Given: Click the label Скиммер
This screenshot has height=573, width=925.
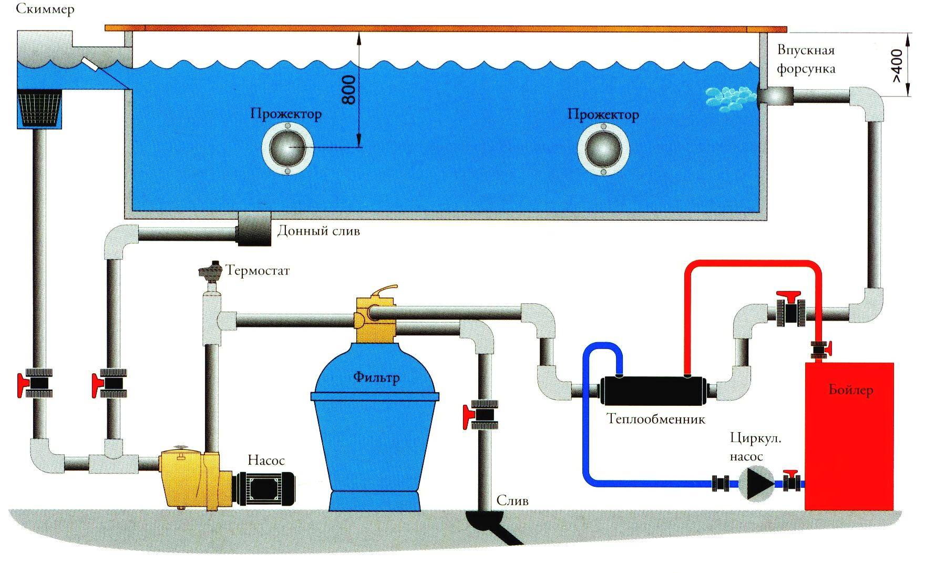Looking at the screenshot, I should point(45,9).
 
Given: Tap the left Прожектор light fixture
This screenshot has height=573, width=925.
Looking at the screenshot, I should point(287,150).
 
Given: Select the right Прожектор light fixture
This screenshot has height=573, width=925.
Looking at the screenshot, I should point(603,150).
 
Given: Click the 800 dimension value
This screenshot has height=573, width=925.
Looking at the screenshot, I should point(349,89).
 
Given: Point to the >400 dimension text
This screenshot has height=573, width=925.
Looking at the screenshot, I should point(897,65).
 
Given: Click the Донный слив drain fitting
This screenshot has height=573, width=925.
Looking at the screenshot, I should point(254,229).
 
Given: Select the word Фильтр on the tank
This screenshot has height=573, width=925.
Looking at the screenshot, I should point(376,377).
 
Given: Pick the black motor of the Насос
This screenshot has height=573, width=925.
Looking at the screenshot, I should point(265,489).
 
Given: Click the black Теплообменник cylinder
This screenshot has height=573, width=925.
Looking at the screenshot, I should point(654,390).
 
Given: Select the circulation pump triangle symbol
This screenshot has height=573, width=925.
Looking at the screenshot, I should point(756,483).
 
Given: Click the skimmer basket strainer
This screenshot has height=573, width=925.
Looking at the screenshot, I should point(40,109).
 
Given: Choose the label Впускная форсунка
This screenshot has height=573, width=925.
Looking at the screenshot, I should point(806,59).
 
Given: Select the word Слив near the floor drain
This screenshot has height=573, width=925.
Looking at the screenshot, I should point(512,500).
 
